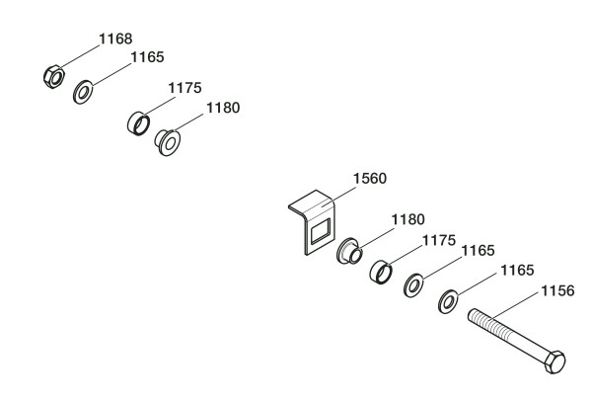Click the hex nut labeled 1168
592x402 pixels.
click(55, 75)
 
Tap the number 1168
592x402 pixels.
click(113, 40)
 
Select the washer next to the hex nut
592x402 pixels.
click(84, 94)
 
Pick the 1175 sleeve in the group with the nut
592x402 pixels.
click(138, 123)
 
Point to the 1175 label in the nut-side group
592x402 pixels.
click(185, 89)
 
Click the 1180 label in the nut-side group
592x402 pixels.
click(222, 108)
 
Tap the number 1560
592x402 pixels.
click(370, 179)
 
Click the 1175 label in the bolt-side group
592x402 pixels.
click(440, 239)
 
